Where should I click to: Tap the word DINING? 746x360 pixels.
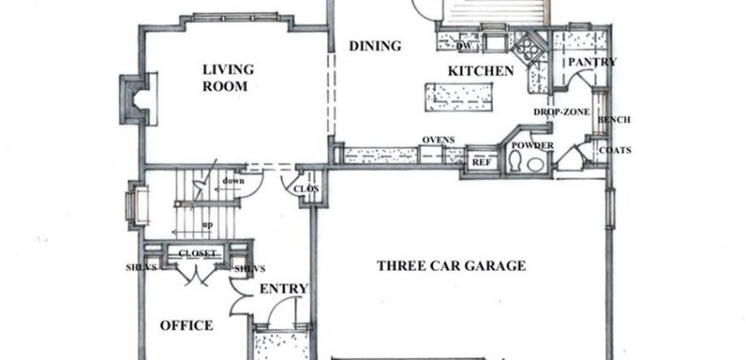click(x=375, y=46)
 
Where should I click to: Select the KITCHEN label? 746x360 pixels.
click(x=480, y=71)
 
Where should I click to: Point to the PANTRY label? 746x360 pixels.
click(x=592, y=63)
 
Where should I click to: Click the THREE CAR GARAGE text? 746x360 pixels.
click(x=451, y=266)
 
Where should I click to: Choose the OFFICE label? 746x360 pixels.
click(x=186, y=326)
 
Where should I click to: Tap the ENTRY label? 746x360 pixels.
click(x=284, y=289)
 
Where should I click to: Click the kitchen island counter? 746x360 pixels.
click(x=459, y=97)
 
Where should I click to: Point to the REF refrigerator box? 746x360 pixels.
click(x=481, y=162)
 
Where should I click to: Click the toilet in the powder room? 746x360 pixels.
click(x=514, y=161)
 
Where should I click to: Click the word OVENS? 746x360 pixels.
click(x=438, y=140)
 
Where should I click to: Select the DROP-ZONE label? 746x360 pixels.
click(x=562, y=112)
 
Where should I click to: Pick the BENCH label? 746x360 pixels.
click(x=614, y=120)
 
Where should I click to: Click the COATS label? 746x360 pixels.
click(x=615, y=150)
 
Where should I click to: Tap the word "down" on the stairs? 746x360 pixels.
click(x=233, y=181)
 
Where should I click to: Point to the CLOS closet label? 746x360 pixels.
click(x=306, y=189)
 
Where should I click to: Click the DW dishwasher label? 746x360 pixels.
click(x=463, y=46)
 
